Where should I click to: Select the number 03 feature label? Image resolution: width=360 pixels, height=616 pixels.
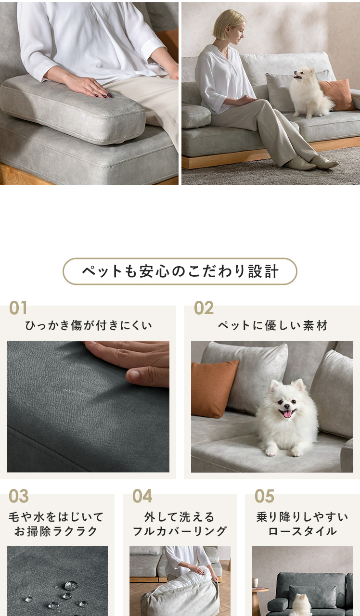[19, 496]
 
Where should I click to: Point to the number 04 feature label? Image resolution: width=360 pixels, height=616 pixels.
[142, 496]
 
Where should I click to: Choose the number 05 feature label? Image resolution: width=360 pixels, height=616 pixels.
[265, 496]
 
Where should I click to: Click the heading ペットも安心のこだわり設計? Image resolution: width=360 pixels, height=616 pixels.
[180, 271]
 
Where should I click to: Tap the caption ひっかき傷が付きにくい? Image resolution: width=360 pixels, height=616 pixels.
[89, 325]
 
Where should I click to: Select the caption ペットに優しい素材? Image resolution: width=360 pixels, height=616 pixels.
[273, 325]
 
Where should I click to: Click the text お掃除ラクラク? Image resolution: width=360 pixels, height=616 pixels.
[56, 531]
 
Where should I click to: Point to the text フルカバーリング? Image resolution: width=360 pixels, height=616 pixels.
[180, 531]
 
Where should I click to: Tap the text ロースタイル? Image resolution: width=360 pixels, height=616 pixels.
[303, 531]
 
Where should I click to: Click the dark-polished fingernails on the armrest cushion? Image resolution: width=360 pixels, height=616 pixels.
[103, 95]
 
